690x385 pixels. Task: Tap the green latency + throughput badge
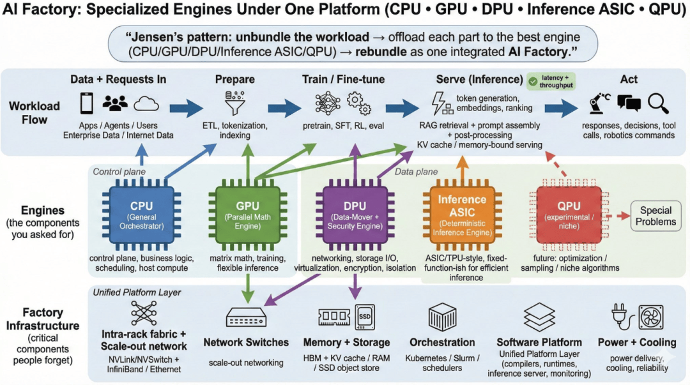[x=550, y=82]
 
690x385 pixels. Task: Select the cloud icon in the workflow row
[x=146, y=103]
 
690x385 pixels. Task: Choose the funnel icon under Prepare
[x=231, y=104]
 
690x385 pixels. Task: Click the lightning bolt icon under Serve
[x=440, y=103]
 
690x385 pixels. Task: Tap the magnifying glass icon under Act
[x=657, y=102]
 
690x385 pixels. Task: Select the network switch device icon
[x=246, y=317]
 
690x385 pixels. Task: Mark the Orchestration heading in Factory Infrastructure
[x=442, y=343]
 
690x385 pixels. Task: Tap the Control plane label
[x=119, y=171]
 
